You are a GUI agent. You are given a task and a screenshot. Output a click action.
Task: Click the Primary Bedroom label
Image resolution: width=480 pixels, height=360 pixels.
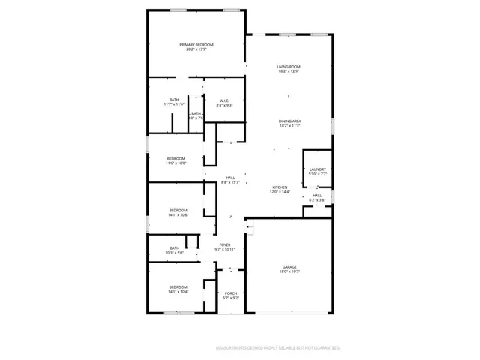(x=196, y=45)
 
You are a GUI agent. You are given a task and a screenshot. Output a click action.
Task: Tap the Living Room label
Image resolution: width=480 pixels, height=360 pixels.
(x=289, y=67)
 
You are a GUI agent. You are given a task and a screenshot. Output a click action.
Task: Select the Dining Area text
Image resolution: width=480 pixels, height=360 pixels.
(x=289, y=121)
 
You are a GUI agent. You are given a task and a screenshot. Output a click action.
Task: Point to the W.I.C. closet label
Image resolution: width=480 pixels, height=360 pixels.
(x=224, y=100)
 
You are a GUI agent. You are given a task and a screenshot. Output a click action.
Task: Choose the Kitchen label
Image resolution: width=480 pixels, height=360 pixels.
(x=279, y=187)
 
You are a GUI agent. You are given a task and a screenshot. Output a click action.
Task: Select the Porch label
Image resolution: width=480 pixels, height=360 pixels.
(x=231, y=293)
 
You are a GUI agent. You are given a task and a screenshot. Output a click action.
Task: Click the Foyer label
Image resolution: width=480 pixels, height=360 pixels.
(x=225, y=244)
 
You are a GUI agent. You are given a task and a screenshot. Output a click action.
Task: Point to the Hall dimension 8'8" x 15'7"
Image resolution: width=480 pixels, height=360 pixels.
(x=230, y=182)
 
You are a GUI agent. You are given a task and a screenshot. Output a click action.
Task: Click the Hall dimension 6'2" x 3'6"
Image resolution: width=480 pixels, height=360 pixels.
(x=318, y=200)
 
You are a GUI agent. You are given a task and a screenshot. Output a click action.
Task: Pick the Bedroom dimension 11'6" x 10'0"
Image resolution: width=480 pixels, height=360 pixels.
(x=175, y=163)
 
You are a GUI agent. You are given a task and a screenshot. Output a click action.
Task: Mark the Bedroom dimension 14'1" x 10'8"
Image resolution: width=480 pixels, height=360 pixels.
(x=178, y=214)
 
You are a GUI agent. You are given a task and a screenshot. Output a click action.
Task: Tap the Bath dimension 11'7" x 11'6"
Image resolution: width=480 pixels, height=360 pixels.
(x=174, y=104)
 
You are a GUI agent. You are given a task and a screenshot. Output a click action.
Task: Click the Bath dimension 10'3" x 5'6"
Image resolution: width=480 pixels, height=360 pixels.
(x=174, y=253)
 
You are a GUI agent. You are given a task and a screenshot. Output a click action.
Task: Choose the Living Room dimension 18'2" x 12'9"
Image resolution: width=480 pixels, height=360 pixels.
(x=289, y=71)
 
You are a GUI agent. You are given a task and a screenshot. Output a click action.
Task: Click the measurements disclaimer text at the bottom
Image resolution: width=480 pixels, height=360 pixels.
(x=278, y=348)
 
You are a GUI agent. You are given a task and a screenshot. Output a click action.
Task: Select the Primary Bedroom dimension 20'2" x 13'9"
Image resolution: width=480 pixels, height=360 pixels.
(x=196, y=50)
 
